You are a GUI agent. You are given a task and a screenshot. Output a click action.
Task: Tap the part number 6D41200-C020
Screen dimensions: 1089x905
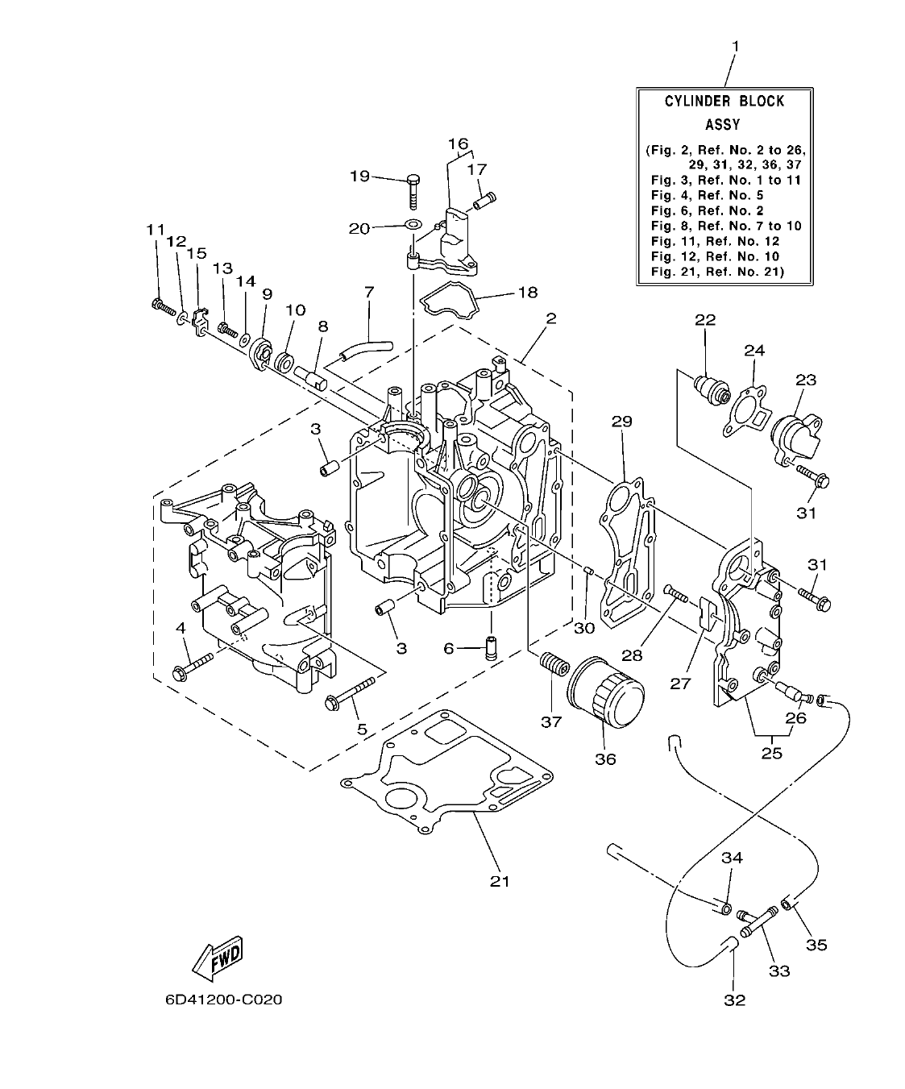pyautogui.click(x=223, y=1000)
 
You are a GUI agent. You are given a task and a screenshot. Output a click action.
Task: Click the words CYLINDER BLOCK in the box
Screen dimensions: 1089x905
pyautogui.click(x=724, y=102)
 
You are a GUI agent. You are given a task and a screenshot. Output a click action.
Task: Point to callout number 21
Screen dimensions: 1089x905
pyautogui.click(x=500, y=881)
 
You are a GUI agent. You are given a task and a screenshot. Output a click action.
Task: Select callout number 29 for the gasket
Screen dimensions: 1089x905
pyautogui.click(x=621, y=421)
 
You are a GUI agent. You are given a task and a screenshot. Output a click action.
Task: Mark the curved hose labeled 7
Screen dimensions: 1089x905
pyautogui.click(x=364, y=349)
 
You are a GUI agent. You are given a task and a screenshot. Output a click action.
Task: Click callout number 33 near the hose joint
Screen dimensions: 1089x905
pyautogui.click(x=778, y=971)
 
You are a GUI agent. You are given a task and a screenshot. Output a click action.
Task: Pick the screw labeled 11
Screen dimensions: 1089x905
pyautogui.click(x=162, y=306)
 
